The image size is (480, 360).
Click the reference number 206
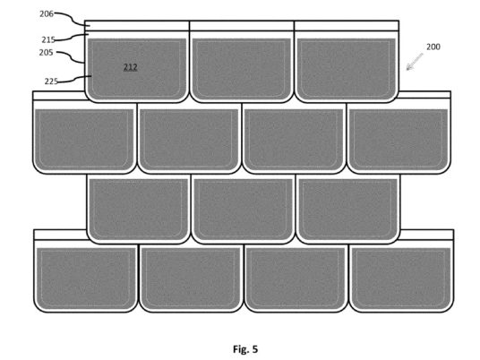(x=47, y=13)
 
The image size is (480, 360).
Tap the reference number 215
(x=48, y=39)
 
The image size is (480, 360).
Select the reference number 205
(x=46, y=53)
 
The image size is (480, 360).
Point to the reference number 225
(x=51, y=81)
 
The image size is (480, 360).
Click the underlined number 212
(x=131, y=67)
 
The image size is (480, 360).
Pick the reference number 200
(x=433, y=47)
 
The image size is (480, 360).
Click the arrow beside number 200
(x=415, y=62)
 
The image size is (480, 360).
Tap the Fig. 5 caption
(x=245, y=349)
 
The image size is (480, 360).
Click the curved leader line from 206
(x=72, y=19)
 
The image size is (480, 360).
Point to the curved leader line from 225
(x=75, y=79)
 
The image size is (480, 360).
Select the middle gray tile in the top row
(x=242, y=68)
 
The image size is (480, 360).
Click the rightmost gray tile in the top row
(x=347, y=68)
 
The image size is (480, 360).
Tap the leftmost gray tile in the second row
(x=84, y=139)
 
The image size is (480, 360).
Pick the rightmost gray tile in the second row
(x=399, y=139)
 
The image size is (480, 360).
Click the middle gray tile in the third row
(x=244, y=209)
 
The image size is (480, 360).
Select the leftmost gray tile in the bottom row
(x=86, y=278)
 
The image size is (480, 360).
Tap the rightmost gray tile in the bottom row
(x=401, y=278)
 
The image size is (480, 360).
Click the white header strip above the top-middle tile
(x=242, y=26)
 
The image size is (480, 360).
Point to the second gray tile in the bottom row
(x=191, y=278)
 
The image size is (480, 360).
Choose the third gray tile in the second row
(x=294, y=139)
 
